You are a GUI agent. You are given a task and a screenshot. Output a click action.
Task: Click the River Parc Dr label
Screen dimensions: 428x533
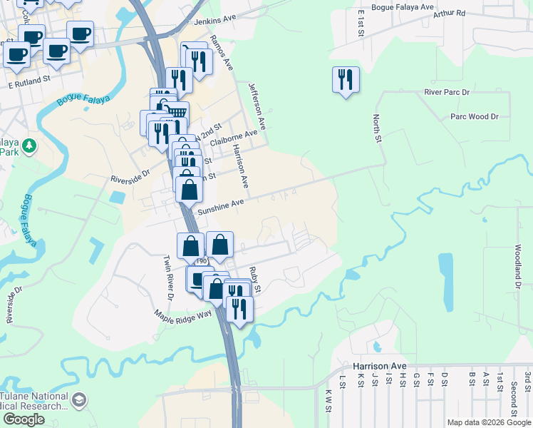click(447, 93)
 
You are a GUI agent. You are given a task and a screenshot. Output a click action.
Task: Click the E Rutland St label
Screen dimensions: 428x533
click(31, 84)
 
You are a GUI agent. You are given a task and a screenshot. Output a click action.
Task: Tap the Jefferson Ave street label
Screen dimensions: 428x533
click(257, 105)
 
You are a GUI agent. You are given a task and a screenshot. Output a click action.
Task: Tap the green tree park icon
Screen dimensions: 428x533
click(29, 146)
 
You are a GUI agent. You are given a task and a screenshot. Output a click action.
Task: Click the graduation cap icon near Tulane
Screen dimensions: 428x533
click(79, 401)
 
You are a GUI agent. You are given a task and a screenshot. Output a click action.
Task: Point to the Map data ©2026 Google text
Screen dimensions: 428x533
click(489, 422)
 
